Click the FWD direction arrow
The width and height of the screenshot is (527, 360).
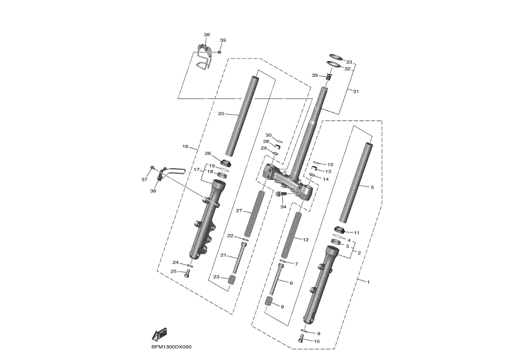[x=159, y=334]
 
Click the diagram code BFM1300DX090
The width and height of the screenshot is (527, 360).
[x=171, y=347]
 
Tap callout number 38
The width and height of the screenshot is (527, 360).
[x=206, y=35]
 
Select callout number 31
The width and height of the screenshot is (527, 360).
[x=356, y=91]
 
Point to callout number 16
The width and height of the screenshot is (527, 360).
[x=185, y=147]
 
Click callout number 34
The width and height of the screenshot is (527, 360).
[x=283, y=207]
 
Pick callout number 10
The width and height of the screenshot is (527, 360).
[x=317, y=342]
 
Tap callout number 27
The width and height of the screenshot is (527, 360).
[x=239, y=211]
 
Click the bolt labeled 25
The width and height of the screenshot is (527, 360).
[x=188, y=274]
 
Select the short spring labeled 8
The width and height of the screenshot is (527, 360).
[x=269, y=301]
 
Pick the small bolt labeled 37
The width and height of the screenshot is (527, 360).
[x=152, y=167]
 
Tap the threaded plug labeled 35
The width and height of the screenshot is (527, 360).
[x=329, y=77]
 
